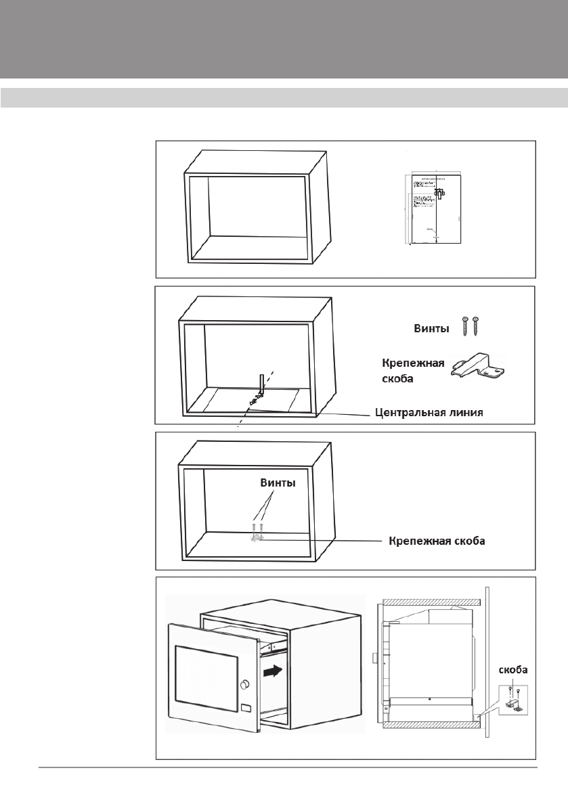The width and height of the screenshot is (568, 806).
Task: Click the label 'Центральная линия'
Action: click(430, 413)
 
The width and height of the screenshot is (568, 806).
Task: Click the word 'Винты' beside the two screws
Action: click(431, 329)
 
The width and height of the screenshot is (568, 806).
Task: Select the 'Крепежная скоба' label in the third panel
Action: click(437, 541)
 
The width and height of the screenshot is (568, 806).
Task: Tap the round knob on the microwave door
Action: click(244, 685)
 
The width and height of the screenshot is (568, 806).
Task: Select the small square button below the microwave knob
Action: click(245, 709)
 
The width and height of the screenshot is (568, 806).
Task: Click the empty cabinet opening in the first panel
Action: click(257, 206)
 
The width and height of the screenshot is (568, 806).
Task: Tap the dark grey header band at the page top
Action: click(284, 39)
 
